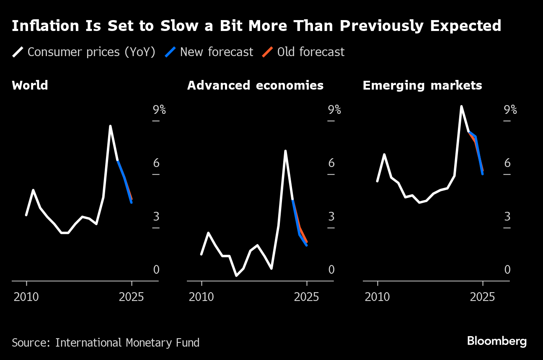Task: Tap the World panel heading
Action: (30, 85)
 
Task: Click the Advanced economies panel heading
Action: (255, 85)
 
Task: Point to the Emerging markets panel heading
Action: (422, 85)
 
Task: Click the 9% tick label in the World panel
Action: (159, 110)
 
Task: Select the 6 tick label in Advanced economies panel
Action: (331, 163)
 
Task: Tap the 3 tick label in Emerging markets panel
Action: (507, 216)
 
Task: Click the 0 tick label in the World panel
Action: (156, 270)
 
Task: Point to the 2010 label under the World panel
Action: (26, 297)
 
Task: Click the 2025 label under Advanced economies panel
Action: (307, 297)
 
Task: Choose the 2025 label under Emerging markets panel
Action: (483, 297)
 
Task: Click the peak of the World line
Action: (110, 126)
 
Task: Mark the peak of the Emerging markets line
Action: (461, 106)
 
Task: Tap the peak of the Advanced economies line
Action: (285, 151)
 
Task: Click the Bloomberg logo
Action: (496, 341)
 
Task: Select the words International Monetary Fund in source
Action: (127, 342)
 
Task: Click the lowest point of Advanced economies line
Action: (236, 275)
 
